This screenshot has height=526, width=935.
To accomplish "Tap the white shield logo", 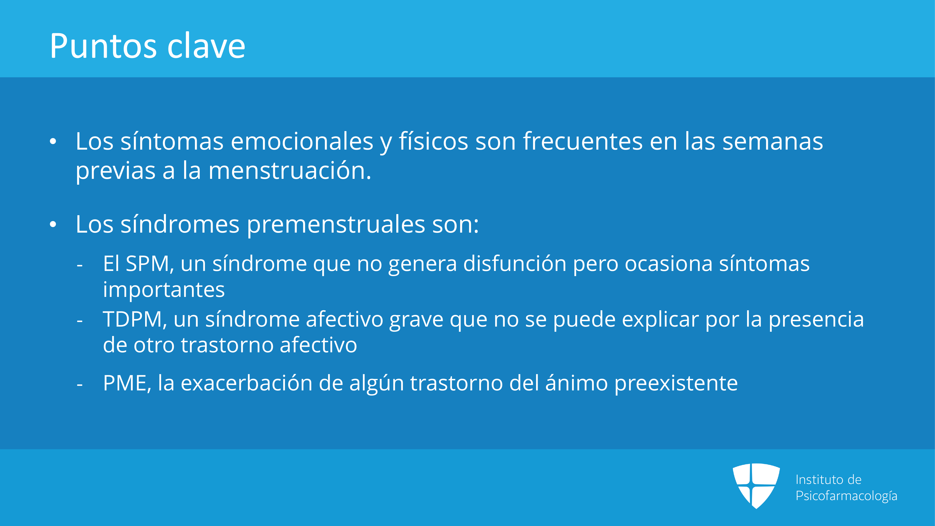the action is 756,486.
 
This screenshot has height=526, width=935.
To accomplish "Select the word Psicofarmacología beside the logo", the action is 846,496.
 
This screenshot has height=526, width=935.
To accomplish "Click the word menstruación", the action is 290,171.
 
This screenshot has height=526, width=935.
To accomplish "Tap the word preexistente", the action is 676,384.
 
